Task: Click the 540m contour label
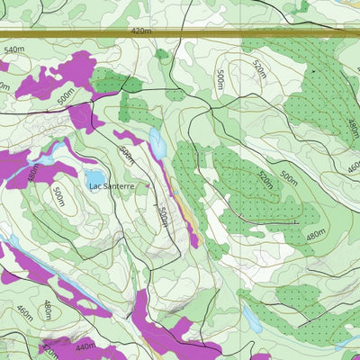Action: pos(13,49)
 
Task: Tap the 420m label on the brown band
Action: pos(141,31)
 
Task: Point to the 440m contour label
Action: pos(85,346)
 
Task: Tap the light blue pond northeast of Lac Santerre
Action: pos(157,142)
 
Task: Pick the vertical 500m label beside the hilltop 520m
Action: pos(220,79)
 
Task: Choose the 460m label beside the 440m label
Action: pos(24,313)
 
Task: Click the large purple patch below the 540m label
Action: pos(54,76)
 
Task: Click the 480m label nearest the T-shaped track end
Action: pos(315,236)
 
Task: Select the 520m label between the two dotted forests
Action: pos(265,179)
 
